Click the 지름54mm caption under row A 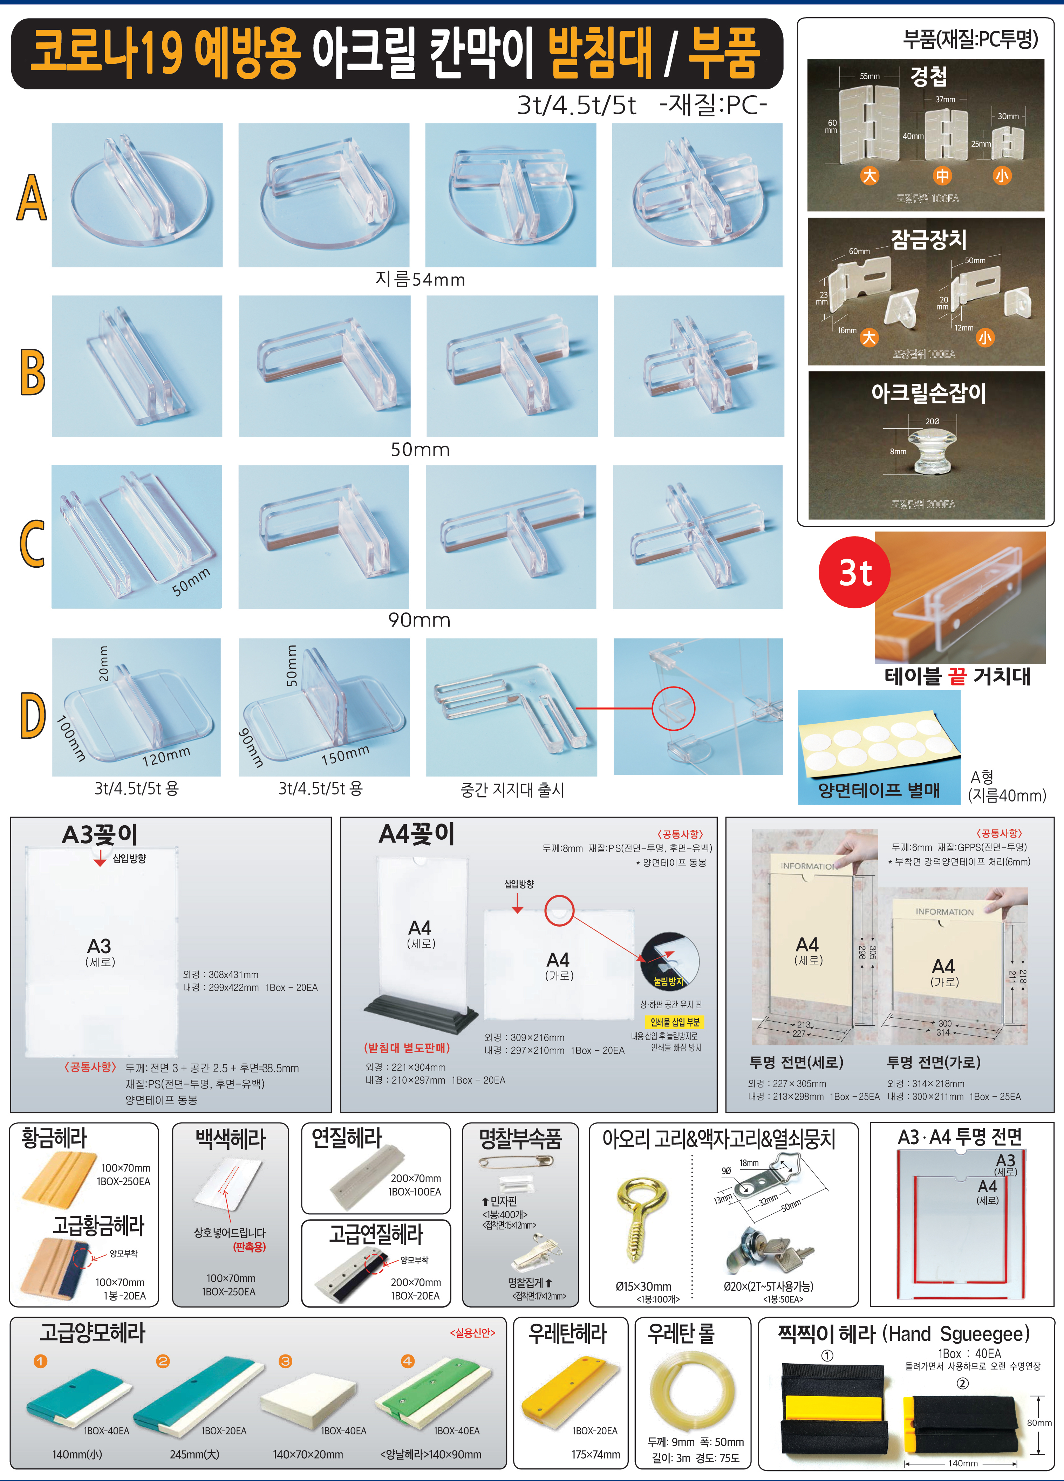[x=420, y=279]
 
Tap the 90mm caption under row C [x=420, y=620]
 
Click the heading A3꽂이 [x=100, y=834]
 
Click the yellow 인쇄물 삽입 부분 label [x=675, y=1022]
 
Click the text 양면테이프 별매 [x=879, y=791]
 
